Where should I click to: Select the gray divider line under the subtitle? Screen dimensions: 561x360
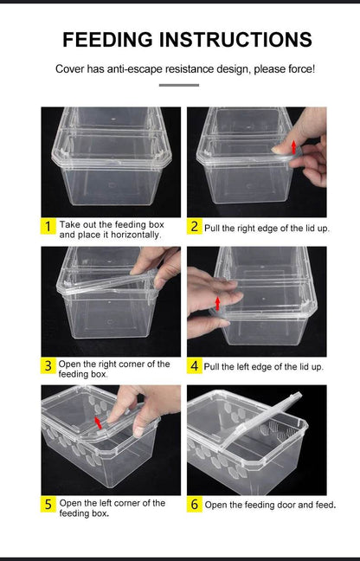tap(179, 85)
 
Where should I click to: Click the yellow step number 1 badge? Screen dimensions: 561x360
tap(48, 228)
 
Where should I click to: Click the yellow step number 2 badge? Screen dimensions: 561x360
tap(195, 227)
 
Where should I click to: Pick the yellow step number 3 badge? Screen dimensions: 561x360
tap(48, 366)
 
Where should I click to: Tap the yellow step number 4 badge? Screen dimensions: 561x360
tap(195, 366)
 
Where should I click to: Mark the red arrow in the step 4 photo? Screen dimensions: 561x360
tap(217, 301)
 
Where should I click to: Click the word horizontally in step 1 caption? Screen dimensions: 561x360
tap(134, 235)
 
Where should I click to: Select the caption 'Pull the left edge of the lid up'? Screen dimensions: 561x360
tap(263, 367)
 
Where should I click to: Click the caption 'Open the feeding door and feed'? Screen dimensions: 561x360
tap(270, 505)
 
